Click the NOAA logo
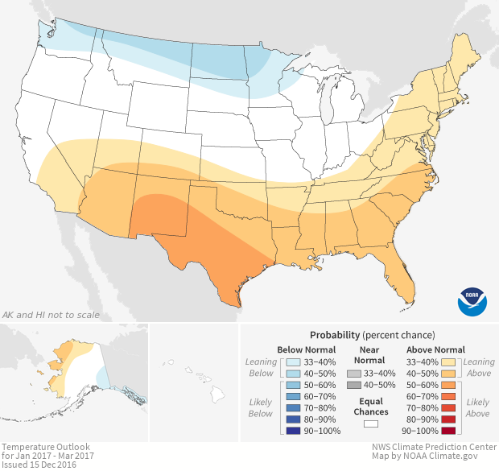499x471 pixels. (472, 300)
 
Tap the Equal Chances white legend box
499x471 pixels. (370, 422)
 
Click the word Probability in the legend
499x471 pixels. (334, 334)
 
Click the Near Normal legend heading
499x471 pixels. (370, 354)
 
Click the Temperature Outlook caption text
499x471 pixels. (45, 446)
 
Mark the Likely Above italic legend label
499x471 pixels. (478, 407)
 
